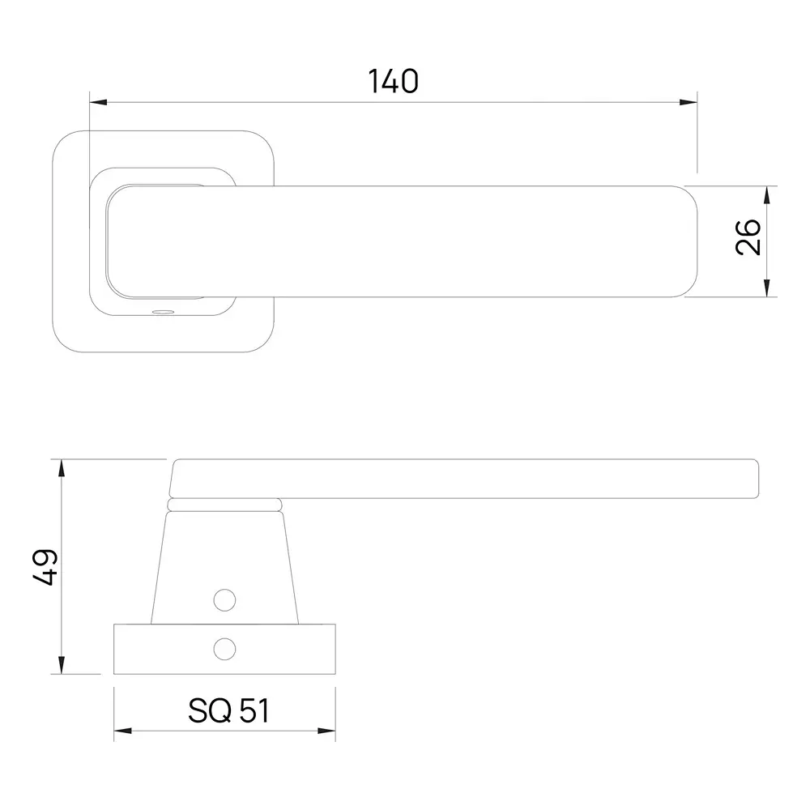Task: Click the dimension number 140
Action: pos(393,81)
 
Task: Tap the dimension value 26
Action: pos(748,237)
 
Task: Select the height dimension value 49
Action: pos(45,567)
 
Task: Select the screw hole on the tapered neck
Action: pos(224,599)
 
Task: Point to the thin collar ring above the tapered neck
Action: pos(224,505)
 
